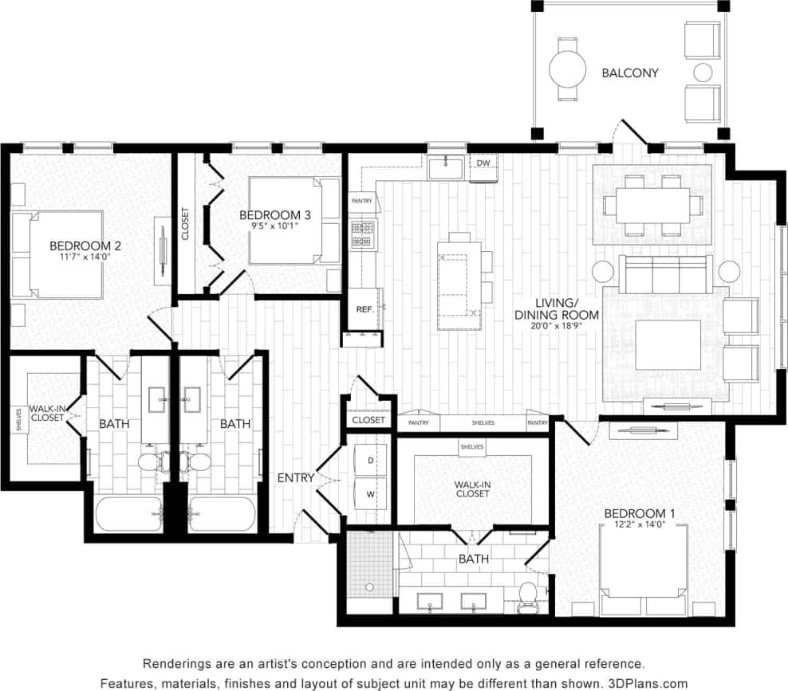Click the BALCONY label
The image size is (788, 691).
(x=629, y=73)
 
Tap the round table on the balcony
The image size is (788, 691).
(x=568, y=69)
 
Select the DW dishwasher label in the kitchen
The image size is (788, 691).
(x=483, y=163)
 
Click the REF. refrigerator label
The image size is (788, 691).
(x=364, y=309)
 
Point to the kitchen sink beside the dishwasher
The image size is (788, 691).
(x=445, y=168)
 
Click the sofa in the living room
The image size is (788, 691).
(x=665, y=273)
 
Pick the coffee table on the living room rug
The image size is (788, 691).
(x=668, y=345)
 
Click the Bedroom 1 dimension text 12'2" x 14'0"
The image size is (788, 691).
(x=640, y=525)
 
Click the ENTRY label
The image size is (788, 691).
(x=295, y=478)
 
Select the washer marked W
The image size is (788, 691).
(x=370, y=494)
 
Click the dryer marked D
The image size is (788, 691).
(x=370, y=461)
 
